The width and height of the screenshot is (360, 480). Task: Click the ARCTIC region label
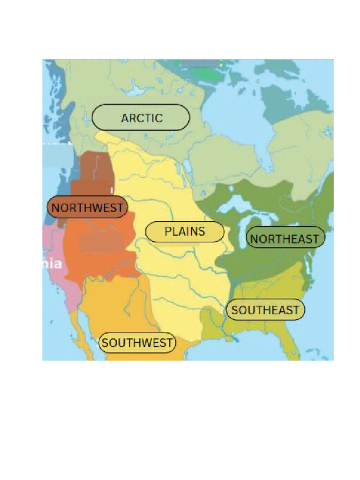tap(141, 118)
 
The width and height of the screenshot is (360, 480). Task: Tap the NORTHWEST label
tap(87, 207)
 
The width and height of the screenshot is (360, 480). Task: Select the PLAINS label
tap(185, 232)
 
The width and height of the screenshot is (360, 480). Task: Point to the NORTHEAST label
tap(285, 239)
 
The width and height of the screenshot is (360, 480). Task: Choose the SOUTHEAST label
tap(265, 310)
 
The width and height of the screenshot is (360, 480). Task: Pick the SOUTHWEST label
tap(137, 343)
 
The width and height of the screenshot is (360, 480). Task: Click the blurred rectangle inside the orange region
tap(97, 242)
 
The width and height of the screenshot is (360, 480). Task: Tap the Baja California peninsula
tap(81, 335)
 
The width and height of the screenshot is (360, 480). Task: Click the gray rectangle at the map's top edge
tap(200, 62)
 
